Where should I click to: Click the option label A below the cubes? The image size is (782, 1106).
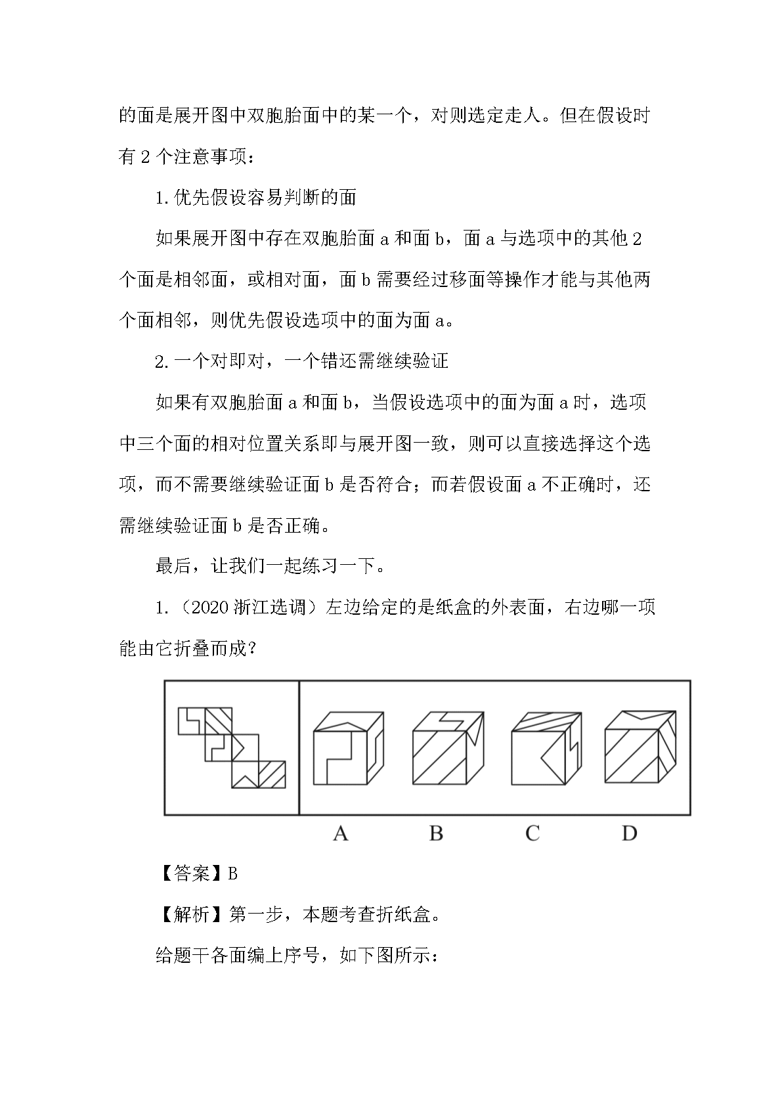[340, 833]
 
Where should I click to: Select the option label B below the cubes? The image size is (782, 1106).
[436, 833]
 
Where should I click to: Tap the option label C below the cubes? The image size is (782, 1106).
[532, 833]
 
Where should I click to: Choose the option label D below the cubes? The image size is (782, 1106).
[629, 833]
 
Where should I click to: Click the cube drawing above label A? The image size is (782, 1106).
[348, 747]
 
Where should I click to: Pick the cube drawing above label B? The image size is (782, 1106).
[448, 747]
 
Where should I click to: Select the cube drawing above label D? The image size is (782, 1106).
[640, 747]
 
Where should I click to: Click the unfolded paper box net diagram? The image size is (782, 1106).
[232, 747]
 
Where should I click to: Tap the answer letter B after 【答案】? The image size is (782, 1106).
[233, 874]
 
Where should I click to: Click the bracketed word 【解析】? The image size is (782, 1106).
[191, 914]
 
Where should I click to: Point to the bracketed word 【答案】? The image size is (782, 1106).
[191, 874]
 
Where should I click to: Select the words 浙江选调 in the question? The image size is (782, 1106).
[270, 608]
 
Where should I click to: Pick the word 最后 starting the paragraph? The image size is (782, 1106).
[173, 566]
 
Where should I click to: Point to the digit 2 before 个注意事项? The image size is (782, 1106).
[146, 157]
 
